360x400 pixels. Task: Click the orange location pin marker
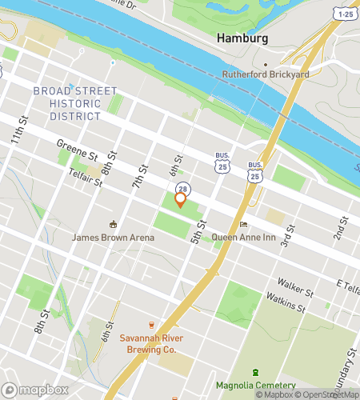click(x=180, y=200)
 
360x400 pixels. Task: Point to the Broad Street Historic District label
click(x=74, y=104)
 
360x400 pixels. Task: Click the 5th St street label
click(x=197, y=231)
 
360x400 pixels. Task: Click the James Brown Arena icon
click(x=113, y=224)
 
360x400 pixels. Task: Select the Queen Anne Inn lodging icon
click(x=242, y=225)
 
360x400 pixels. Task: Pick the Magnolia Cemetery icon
click(x=255, y=373)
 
